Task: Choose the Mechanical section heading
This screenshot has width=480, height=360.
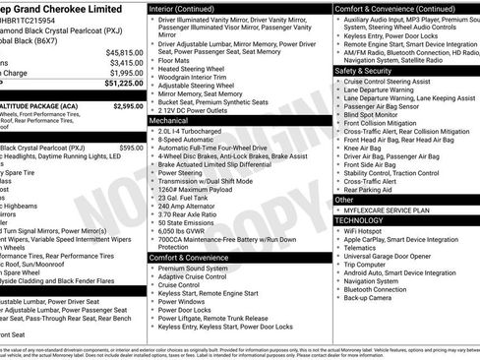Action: click(170, 120)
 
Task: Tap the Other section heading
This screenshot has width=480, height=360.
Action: click(344, 200)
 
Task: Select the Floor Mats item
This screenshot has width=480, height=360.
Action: click(174, 59)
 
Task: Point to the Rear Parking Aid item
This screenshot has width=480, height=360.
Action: click(372, 190)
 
